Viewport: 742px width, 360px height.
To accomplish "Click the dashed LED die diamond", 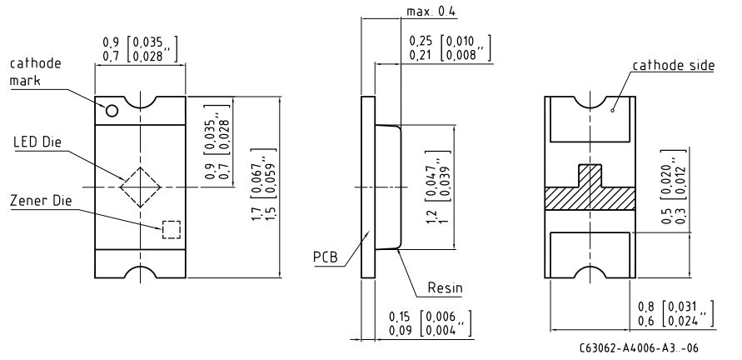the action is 141,167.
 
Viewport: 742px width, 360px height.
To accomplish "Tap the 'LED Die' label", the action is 37,142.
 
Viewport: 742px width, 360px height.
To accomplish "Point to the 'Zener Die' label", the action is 41,201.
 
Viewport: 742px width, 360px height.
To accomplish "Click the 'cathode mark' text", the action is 36,72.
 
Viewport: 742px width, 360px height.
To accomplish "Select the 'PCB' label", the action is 326,257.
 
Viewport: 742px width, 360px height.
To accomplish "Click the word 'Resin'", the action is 445,287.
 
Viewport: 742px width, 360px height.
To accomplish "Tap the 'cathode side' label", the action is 674,65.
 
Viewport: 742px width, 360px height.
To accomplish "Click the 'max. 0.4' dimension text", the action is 431,12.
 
